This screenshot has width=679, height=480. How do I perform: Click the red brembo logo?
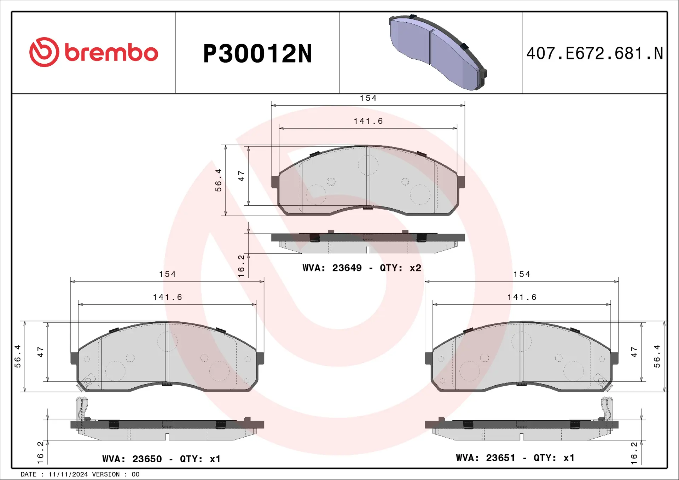[x=93, y=52]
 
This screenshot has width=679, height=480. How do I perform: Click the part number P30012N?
[x=257, y=54]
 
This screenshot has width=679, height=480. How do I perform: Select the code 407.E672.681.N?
[x=594, y=54]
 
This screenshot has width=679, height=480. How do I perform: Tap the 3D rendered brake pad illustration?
[x=438, y=52]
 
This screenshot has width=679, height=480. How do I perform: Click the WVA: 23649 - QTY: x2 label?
[x=361, y=268]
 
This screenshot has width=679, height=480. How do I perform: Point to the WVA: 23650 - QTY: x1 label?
[x=161, y=459]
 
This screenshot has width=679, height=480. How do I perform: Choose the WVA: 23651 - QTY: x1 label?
[x=515, y=458]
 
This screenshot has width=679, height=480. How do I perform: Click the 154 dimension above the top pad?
[x=368, y=98]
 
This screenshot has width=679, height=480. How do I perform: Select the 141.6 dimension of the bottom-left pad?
[x=167, y=297]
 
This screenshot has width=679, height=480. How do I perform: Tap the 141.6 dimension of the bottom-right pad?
[x=522, y=297]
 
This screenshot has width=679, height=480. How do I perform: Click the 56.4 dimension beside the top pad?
[x=219, y=180]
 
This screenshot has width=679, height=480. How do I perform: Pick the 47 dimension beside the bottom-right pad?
[x=634, y=352]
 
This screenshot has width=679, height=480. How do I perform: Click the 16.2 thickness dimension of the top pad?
[x=241, y=266]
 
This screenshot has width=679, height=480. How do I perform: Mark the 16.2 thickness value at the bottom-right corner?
[x=634, y=453]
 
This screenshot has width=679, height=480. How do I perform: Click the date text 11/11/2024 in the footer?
[x=68, y=474]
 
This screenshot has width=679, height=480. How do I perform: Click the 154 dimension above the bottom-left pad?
[x=167, y=274]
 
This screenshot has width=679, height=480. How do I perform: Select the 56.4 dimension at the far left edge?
[x=18, y=356]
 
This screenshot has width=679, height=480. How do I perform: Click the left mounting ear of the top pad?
[x=275, y=182]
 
